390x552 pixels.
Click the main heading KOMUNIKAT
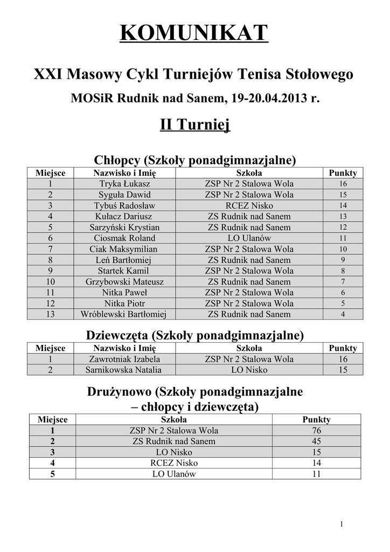click(x=194, y=33)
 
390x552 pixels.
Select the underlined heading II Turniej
click(x=194, y=126)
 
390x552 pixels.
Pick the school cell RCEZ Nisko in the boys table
click(x=249, y=205)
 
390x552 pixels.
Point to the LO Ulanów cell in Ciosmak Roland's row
click(x=249, y=238)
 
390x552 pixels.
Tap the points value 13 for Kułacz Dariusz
click(x=343, y=217)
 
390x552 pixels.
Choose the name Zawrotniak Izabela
click(x=124, y=359)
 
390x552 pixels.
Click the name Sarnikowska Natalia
click(x=124, y=370)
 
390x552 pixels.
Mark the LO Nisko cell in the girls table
click(x=249, y=370)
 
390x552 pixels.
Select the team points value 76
click(x=316, y=431)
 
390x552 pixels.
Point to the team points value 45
click(x=316, y=441)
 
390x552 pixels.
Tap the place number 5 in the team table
click(x=52, y=474)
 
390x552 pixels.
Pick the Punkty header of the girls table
click(x=343, y=348)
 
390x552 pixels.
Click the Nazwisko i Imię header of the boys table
click(x=124, y=173)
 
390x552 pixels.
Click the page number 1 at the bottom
click(x=342, y=524)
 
